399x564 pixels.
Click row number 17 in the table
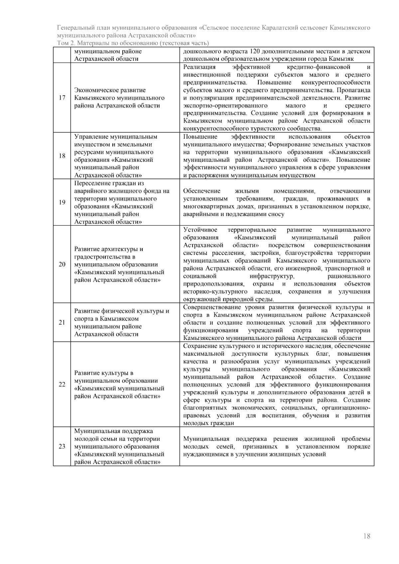tap(62, 98)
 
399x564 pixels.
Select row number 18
tap(62, 156)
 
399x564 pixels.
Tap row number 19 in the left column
tap(62, 202)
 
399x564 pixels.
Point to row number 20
tap(62, 265)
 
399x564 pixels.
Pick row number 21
tap(62, 322)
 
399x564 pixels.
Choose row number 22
tap(62, 385)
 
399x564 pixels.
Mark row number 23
tap(62, 446)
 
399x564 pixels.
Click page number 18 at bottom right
tap(367, 536)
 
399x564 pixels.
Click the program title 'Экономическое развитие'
tap(110, 90)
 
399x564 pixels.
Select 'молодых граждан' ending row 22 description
tap(208, 423)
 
